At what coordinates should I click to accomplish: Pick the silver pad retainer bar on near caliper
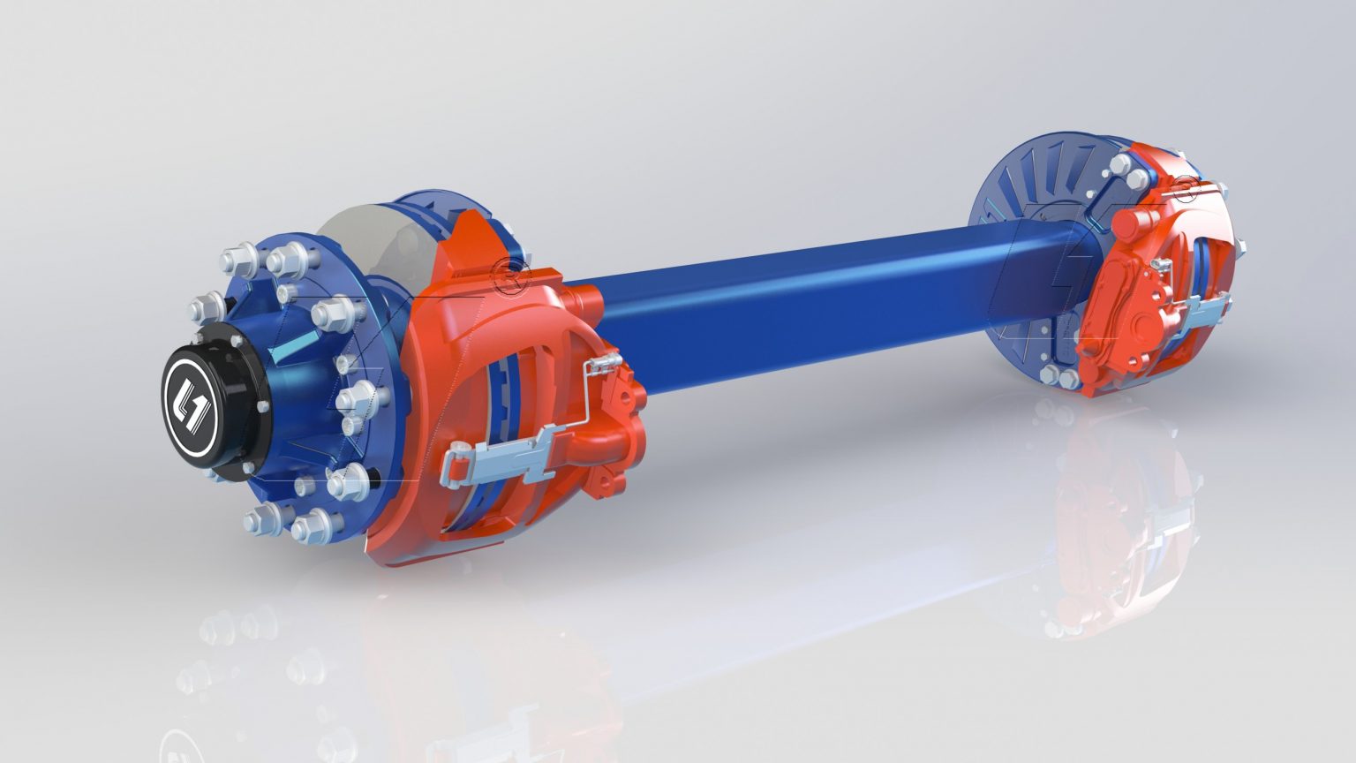click(499, 455)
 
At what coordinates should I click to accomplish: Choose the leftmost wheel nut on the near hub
click(201, 309)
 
